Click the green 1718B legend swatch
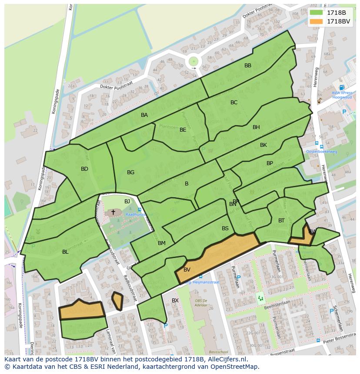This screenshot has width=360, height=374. point(316,13)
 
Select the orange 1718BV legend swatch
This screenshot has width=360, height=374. point(316,21)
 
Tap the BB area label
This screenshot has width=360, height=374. point(248,66)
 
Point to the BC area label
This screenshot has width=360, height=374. point(234,103)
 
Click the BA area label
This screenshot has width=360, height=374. point(144,115)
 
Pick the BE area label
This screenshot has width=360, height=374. point(183,129)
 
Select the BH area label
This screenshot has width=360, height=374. point(256,127)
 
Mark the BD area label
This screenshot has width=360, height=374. point(84,169)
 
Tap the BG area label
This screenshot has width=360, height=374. point(130,172)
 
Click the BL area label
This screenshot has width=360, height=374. point(65,252)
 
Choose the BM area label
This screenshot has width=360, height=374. point(162,243)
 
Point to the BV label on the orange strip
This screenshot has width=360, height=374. point(187,270)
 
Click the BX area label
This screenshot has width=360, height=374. point(175,300)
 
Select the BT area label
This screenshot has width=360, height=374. point(281,221)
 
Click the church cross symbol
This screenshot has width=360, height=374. point(113,212)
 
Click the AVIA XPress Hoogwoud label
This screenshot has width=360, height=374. point(342,95)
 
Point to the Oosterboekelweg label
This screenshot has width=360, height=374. point(322,152)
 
